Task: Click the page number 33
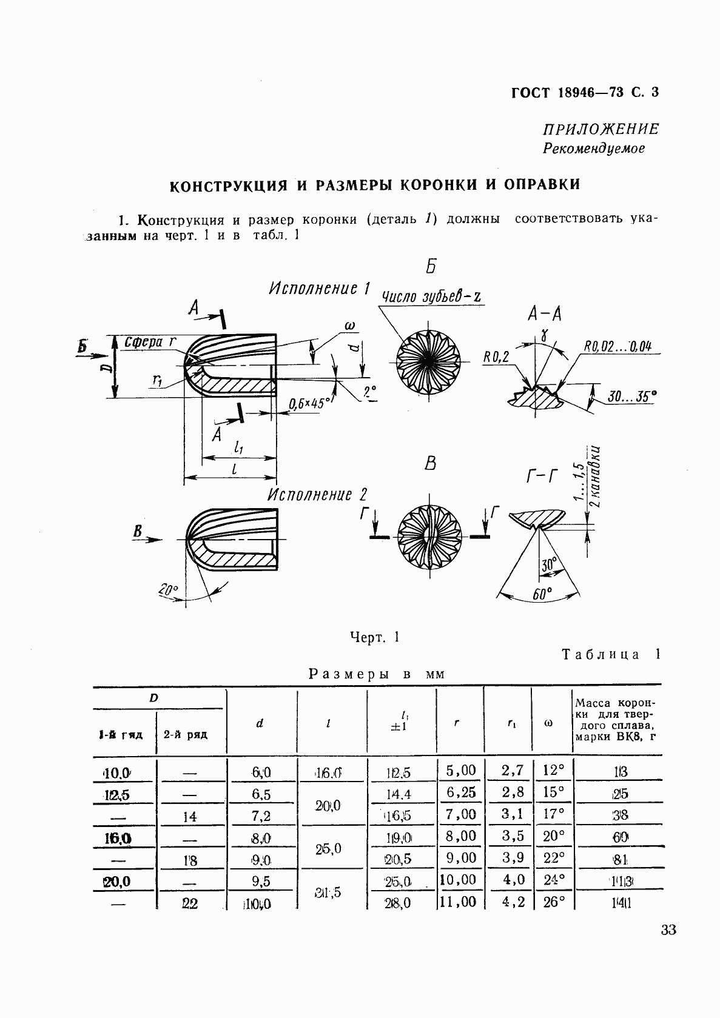668,930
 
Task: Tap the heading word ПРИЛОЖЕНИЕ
592,129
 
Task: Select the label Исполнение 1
319,289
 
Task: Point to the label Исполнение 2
318,495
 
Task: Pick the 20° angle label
169,589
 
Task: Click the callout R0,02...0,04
618,346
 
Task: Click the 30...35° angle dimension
631,397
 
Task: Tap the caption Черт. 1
374,637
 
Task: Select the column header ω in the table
549,723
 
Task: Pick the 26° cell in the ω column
554,902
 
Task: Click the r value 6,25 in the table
461,792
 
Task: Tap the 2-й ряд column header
186,735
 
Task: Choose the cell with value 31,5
328,892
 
